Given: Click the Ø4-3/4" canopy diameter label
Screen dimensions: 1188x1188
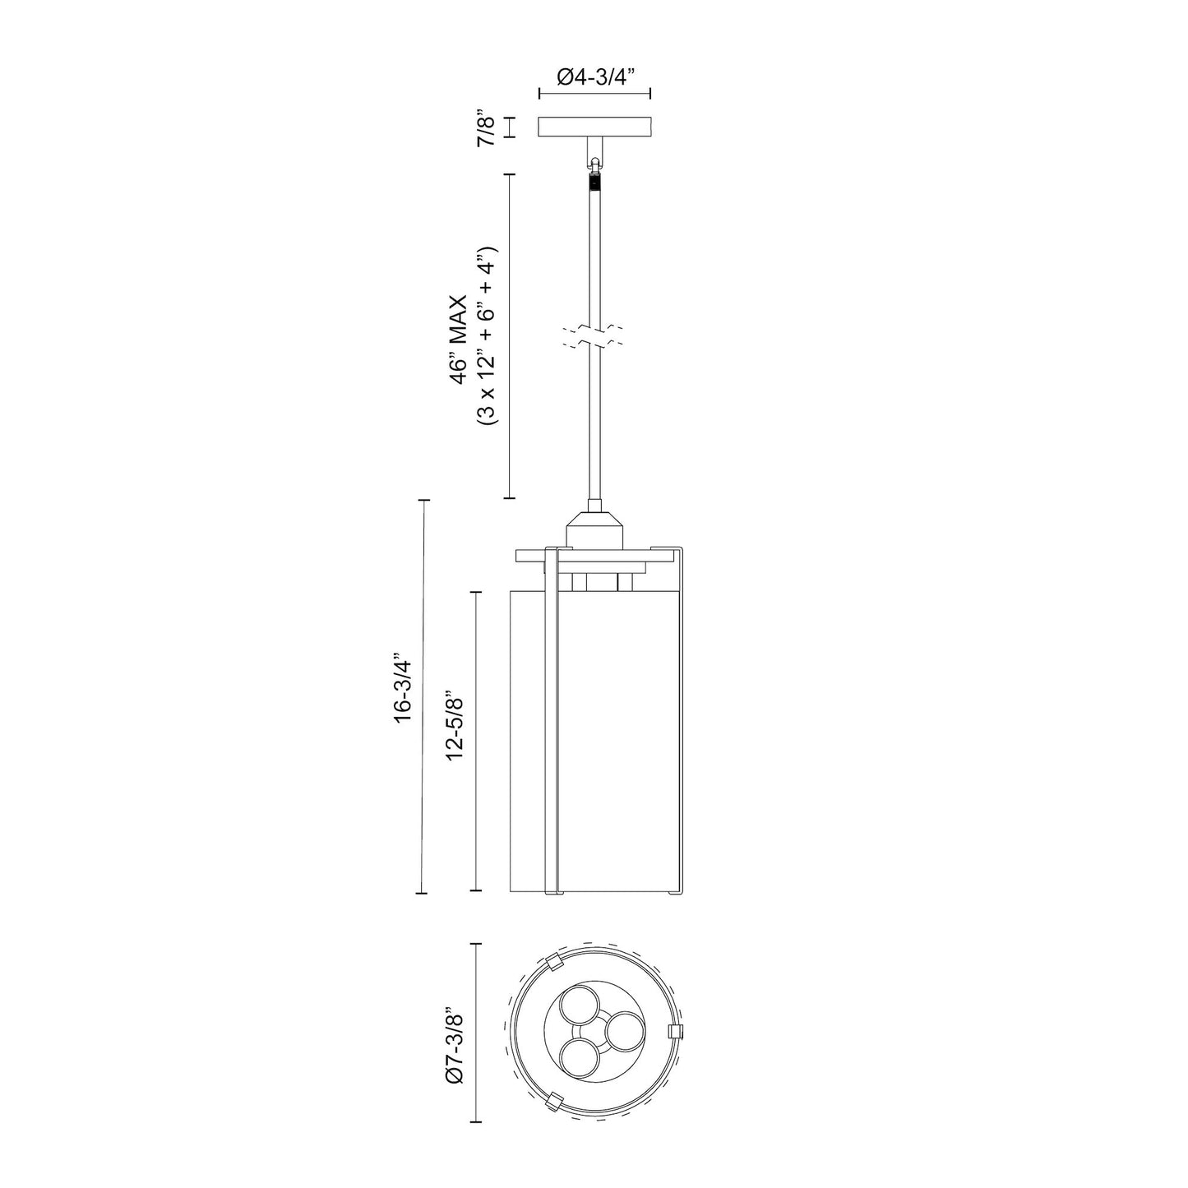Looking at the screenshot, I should tap(595, 78).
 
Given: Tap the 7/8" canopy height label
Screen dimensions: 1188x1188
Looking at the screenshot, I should tap(487, 127).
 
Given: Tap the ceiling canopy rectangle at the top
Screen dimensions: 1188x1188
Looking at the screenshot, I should tap(595, 127).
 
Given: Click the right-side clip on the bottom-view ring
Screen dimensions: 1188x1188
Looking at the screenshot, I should tap(676, 1032).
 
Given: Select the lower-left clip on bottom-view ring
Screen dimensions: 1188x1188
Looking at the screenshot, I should tap(555, 1100).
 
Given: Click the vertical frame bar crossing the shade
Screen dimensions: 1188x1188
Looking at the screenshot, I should tap(552, 723).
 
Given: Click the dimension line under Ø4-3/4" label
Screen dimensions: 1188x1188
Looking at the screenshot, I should tap(595, 96).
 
